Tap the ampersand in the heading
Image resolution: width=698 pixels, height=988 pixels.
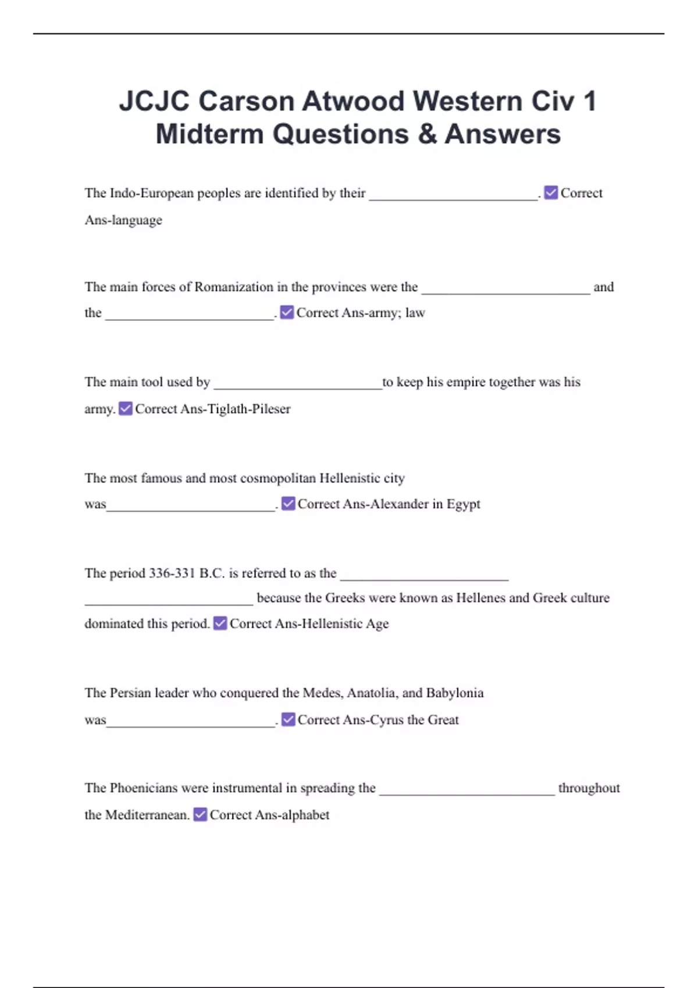[x=427, y=134]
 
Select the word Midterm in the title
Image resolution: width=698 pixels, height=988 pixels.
[x=209, y=134]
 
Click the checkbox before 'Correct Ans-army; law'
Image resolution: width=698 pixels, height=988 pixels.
[x=287, y=313]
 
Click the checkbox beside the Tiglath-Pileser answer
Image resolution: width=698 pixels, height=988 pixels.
[x=126, y=409]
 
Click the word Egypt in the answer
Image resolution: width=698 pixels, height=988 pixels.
[x=464, y=504]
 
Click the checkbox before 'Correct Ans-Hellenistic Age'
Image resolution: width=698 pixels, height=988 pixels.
[x=220, y=624]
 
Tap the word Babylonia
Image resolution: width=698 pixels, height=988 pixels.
[x=455, y=693]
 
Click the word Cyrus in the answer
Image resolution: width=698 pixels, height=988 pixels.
[x=387, y=720]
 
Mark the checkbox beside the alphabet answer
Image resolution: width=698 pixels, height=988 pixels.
[x=200, y=815]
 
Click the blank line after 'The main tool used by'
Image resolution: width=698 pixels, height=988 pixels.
[x=298, y=385]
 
